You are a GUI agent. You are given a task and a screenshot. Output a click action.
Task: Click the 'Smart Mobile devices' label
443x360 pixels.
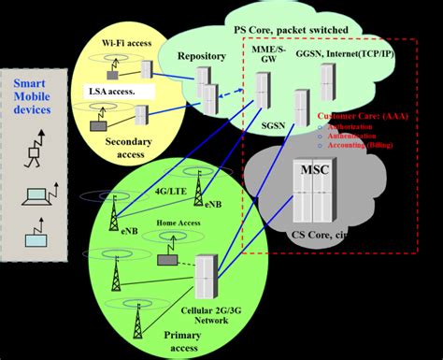[x=36, y=94]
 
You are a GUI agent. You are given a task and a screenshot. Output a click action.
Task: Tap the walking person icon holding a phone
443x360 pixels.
[x=36, y=147]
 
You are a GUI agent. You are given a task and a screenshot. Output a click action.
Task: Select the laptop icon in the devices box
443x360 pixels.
[x=34, y=196]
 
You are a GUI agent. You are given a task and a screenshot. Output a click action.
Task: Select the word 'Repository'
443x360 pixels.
[x=201, y=56]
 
